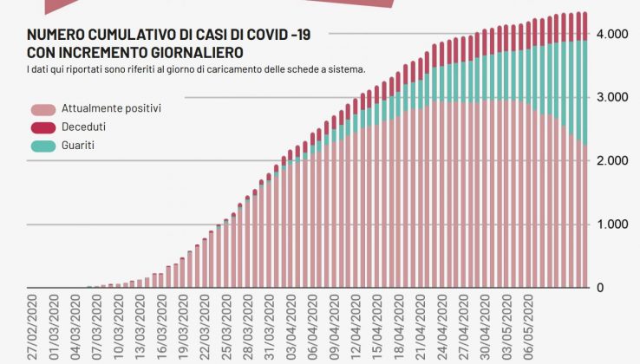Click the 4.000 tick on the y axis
611,34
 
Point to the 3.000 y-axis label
611,97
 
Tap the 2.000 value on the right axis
611,161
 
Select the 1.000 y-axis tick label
611,224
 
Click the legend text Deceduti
84,127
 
